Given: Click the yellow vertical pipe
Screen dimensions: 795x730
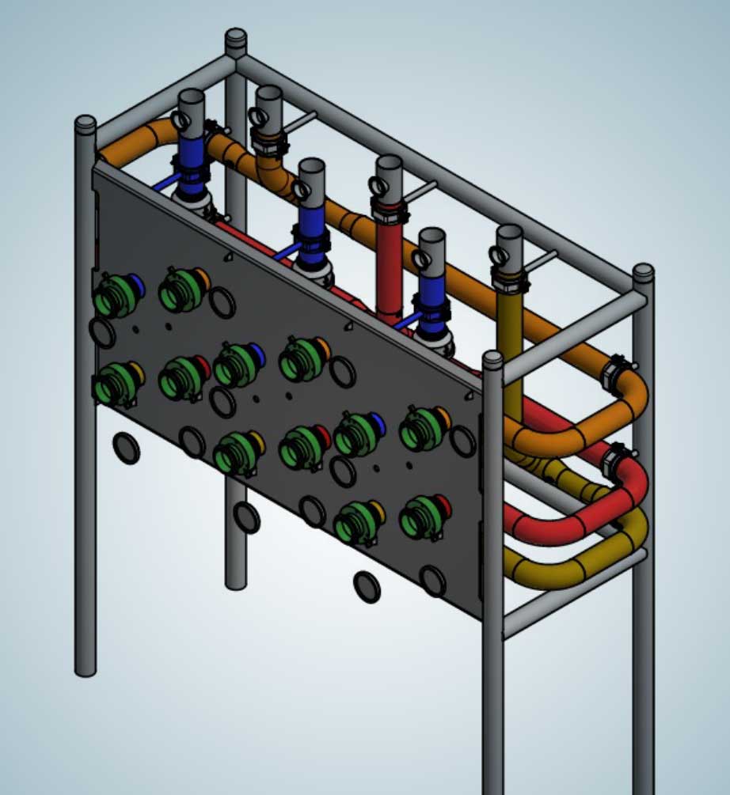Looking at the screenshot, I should tap(511, 340).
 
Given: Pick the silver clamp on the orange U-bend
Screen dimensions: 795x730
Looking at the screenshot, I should tap(614, 373).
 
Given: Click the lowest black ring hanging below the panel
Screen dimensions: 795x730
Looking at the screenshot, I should tap(366, 587).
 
